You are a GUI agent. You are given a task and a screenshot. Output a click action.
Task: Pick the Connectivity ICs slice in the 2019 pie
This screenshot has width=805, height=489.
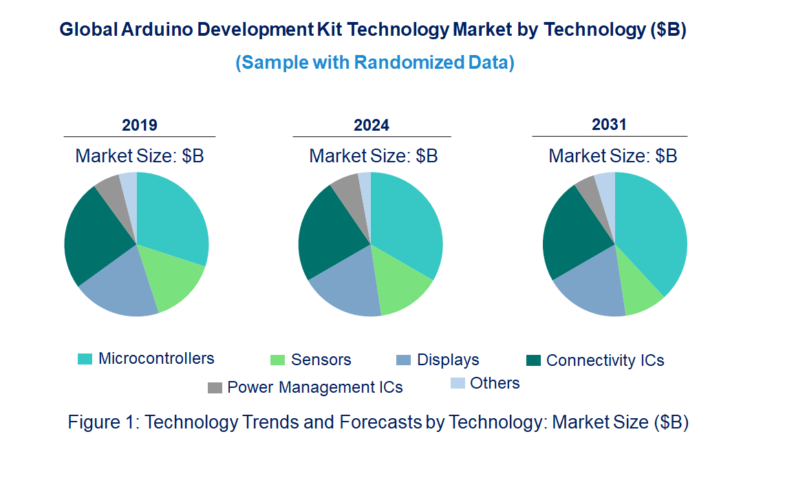(x=93, y=234)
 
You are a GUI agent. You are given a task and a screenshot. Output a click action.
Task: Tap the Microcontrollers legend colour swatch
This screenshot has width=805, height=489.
(x=85, y=359)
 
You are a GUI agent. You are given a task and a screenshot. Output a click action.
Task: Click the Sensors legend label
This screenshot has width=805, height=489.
(x=321, y=360)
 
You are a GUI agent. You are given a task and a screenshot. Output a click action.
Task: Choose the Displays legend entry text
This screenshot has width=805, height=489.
(x=448, y=360)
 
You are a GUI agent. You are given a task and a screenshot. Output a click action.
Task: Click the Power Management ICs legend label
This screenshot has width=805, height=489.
(x=314, y=387)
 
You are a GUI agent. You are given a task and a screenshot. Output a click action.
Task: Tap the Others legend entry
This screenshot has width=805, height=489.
(x=494, y=383)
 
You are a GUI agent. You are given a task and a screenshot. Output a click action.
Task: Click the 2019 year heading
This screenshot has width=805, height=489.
(x=140, y=125)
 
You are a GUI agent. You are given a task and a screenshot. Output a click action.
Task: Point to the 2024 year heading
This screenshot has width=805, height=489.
(x=372, y=125)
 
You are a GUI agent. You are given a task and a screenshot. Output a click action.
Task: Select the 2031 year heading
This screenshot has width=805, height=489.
(x=609, y=124)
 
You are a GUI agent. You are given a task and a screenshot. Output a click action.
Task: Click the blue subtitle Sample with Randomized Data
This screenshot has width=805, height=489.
(x=375, y=63)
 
